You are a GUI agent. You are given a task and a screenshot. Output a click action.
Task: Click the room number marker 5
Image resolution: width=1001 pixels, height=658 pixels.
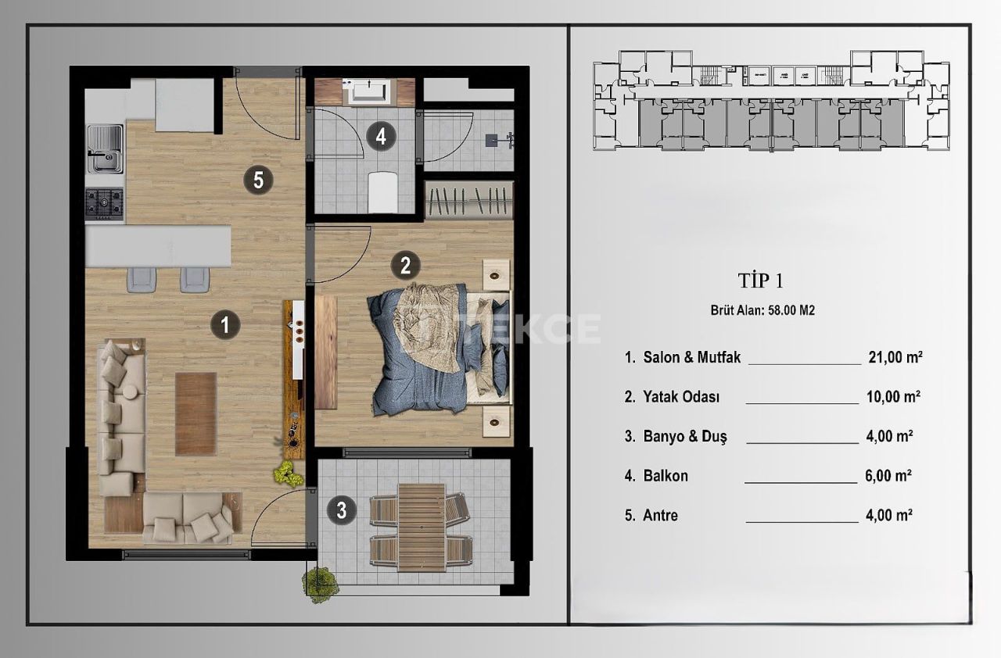(x=258, y=181)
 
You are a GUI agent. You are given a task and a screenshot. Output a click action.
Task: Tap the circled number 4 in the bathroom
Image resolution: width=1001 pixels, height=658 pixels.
(x=381, y=137)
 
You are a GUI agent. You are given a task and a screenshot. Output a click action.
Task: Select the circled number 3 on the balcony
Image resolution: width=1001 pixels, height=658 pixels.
(x=342, y=511)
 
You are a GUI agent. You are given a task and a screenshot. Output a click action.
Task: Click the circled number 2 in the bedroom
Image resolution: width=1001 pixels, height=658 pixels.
(x=405, y=266)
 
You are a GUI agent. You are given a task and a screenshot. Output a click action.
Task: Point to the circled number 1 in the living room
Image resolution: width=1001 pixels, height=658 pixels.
(x=225, y=324)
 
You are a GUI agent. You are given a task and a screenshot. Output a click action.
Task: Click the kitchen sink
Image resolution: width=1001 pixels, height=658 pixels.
(x=104, y=150)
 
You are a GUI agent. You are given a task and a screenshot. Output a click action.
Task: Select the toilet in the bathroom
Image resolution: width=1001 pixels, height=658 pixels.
(x=382, y=190)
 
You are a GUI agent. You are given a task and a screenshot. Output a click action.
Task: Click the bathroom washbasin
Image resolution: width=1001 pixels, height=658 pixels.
(x=368, y=92)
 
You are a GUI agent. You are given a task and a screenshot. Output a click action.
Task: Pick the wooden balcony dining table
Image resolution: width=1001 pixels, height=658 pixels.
(x=421, y=527)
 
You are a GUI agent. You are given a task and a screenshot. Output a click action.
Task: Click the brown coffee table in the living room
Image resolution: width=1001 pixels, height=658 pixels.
(x=196, y=413)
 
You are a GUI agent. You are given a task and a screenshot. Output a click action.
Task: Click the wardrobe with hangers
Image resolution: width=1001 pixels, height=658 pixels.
(x=470, y=200)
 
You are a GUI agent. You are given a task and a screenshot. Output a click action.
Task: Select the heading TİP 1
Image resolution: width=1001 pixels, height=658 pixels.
(x=760, y=281)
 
